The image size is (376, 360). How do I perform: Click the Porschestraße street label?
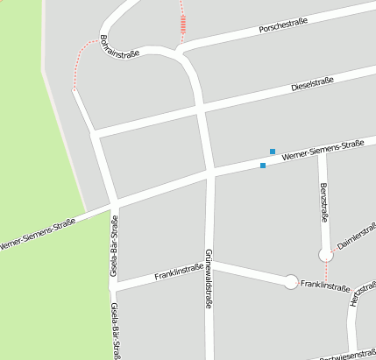point(284,27)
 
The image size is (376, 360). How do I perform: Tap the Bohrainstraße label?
point(119,46)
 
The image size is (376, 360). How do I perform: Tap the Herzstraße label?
point(356,292)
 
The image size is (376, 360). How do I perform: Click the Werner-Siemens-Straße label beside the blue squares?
point(329,148)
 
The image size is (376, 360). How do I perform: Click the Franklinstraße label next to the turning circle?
point(325,286)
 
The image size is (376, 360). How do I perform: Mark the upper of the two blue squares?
point(273,152)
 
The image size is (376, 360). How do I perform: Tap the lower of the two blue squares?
point(263,165)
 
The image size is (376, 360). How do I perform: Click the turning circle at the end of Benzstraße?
point(326,254)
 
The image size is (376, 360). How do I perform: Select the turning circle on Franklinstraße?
point(291,282)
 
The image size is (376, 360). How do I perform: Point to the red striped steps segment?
point(182,25)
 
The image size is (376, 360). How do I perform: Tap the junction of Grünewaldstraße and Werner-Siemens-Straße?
point(209,172)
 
